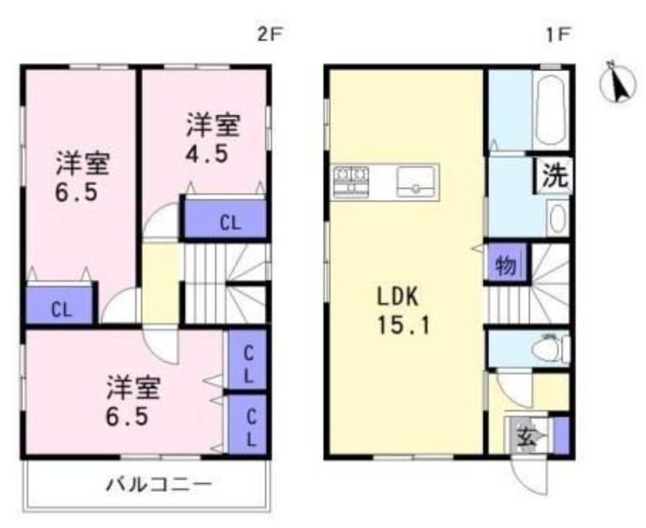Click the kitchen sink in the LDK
pos(416,182)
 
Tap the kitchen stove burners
pos(351,180)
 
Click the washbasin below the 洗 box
pos(556,218)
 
